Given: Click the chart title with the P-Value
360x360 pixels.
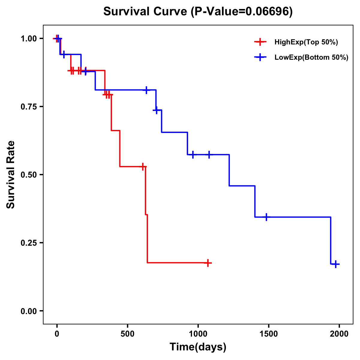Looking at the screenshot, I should pos(198,11).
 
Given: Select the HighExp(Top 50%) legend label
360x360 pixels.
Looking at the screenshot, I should pos(306,42).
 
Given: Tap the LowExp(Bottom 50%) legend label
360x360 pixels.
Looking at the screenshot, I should pos(311,58).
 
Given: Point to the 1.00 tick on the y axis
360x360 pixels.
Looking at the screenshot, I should pos(28,39).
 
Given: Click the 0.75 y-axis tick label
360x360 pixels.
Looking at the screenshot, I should pos(28,107).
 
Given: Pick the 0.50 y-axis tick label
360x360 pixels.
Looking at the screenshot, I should pos(28,175).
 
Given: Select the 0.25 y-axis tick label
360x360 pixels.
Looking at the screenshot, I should pos(28,243).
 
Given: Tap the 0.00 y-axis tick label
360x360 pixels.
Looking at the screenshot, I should pos(28,311).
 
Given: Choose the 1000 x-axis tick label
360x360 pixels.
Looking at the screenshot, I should pos(198,334).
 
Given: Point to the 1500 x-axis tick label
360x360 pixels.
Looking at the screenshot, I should pos(268,334).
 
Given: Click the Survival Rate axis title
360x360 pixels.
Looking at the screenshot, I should pos(11,175).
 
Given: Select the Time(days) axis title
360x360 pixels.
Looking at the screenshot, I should pos(198,347).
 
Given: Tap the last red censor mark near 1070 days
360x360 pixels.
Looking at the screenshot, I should pos(208,263).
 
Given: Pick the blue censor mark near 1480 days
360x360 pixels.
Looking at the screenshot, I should pos(266,217).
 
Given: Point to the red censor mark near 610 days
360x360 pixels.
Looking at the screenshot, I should pos(143,166).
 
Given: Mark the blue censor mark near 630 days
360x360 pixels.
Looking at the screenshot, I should pos(146,90).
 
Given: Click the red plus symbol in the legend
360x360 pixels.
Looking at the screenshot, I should pos(260,42).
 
